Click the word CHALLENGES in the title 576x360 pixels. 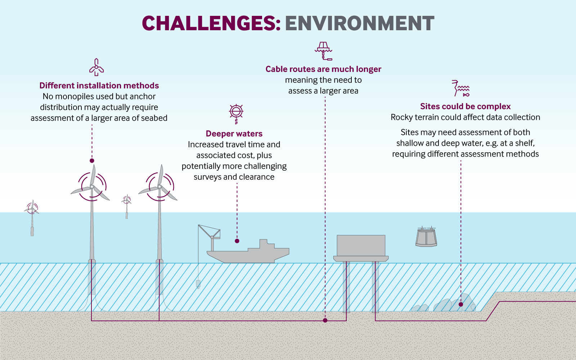pyautogui.click(x=211, y=23)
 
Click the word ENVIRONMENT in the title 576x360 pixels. pyautogui.click(x=360, y=23)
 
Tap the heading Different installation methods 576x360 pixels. pyautogui.click(x=99, y=86)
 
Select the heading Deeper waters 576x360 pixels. pyautogui.click(x=234, y=134)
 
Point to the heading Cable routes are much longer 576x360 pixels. pyautogui.click(x=323, y=69)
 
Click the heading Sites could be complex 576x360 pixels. pyautogui.click(x=465, y=107)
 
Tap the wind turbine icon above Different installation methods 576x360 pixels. pyautogui.click(x=96, y=67)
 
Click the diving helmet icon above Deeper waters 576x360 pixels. pyautogui.click(x=236, y=112)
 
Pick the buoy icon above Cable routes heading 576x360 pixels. pyautogui.click(x=323, y=50)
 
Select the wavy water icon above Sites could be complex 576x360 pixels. pyautogui.click(x=461, y=88)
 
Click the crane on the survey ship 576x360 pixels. pyautogui.click(x=211, y=234)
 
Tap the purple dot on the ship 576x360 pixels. pyautogui.click(x=237, y=241)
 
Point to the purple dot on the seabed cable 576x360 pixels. pyautogui.click(x=325, y=320)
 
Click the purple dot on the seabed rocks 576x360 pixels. pyautogui.click(x=461, y=304)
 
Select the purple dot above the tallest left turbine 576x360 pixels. pyautogui.click(x=92, y=161)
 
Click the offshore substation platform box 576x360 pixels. pyautogui.click(x=361, y=246)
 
